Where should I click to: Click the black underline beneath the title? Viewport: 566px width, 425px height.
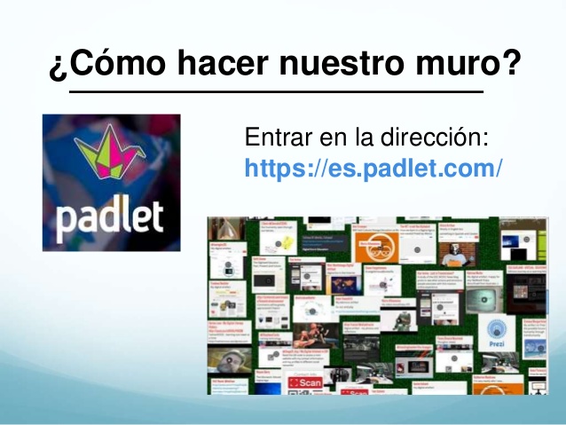pos(277,91)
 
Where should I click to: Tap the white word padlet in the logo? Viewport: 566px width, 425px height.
pos(112,217)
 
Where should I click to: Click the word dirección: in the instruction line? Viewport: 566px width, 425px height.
pos(444,139)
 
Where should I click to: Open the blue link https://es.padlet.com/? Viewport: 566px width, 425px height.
pos(373,167)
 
